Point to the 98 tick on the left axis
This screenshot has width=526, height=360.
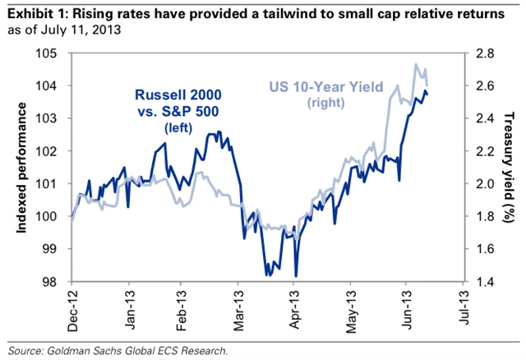(61, 282)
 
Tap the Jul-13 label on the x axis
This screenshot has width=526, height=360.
(462, 311)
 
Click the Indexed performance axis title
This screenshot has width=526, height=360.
(19, 168)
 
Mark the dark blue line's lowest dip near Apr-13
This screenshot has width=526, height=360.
(295, 276)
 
